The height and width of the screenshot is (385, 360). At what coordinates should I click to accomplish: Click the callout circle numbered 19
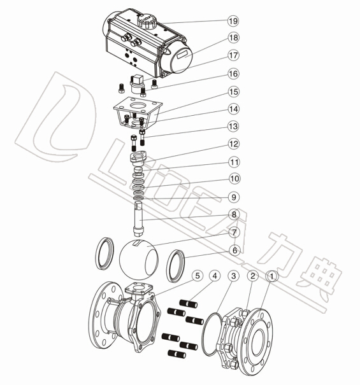click(x=233, y=21)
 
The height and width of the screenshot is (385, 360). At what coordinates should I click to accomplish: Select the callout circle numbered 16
click(x=233, y=74)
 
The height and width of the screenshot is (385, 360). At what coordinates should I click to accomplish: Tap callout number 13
click(x=233, y=127)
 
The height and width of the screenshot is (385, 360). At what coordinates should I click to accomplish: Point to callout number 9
click(x=234, y=197)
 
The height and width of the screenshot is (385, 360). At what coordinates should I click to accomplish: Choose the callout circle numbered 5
click(x=198, y=276)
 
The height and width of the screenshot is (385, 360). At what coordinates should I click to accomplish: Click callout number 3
click(x=233, y=276)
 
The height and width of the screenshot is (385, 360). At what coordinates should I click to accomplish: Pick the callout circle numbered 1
click(x=271, y=276)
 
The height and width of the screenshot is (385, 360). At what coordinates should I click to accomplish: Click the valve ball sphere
click(x=138, y=259)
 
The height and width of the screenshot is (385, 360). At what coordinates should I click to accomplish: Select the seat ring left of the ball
click(x=104, y=253)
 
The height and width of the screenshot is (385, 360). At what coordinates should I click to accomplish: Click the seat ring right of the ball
click(x=176, y=266)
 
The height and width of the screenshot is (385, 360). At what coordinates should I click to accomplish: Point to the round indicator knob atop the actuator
click(x=147, y=20)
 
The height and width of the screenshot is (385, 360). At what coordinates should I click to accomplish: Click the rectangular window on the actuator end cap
click(x=184, y=54)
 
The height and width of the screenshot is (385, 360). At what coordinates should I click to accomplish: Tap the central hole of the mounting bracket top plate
click(x=138, y=106)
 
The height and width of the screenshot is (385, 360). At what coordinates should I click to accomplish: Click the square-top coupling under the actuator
click(x=136, y=84)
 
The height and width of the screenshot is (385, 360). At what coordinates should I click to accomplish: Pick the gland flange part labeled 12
click(x=138, y=157)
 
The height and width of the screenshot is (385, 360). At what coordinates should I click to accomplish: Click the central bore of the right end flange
click(x=258, y=342)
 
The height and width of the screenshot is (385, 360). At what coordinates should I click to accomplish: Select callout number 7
click(x=234, y=232)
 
